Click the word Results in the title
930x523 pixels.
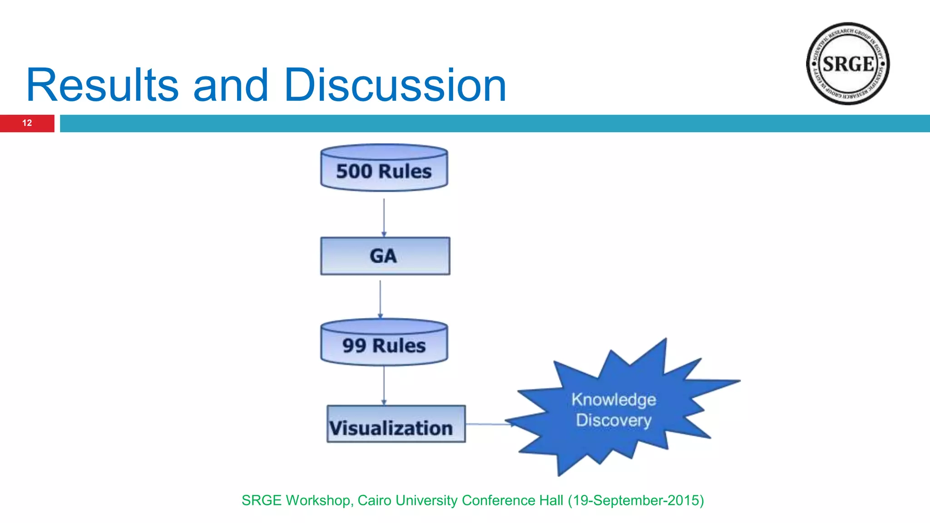103,85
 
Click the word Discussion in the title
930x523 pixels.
395,85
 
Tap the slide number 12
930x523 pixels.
27,123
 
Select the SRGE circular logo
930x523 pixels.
848,64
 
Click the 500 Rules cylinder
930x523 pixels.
384,168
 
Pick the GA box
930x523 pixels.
385,256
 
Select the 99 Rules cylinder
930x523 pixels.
384,343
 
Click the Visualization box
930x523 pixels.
396,424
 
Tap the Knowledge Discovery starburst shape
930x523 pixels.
618,409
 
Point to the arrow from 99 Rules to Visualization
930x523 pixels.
384,385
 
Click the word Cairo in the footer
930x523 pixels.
375,500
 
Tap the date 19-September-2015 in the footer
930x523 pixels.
636,500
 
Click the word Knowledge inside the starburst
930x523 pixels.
613,400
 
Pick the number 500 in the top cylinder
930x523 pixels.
354,172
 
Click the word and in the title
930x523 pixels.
231,85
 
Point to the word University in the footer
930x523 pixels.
426,500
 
